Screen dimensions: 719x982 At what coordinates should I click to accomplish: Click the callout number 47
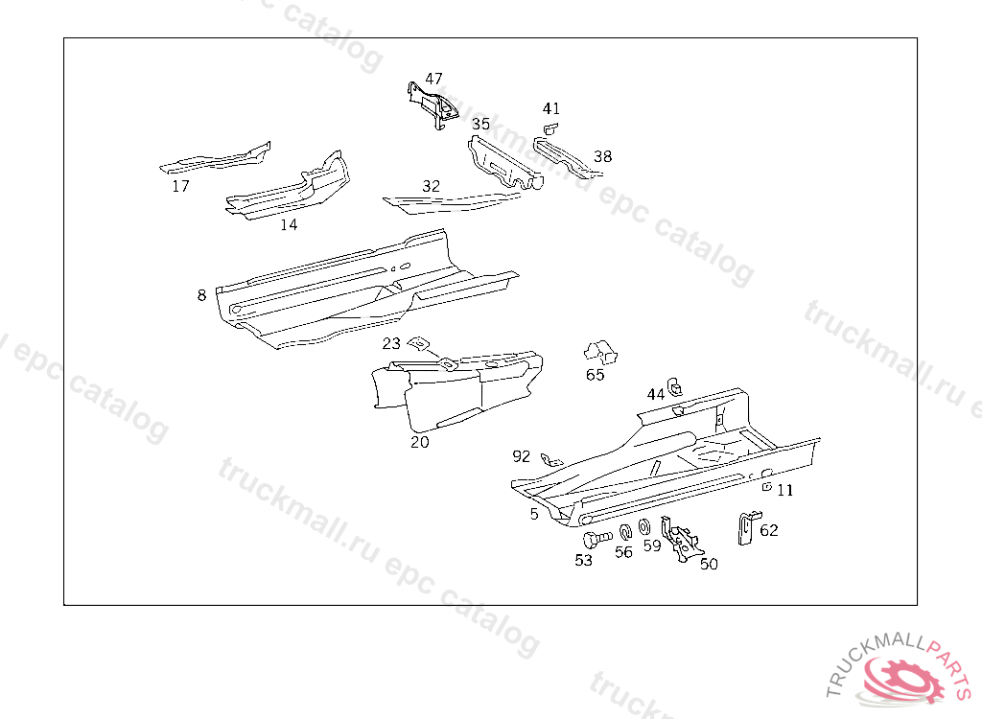click(434, 79)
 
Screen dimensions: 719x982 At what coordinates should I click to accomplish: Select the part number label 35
click(480, 124)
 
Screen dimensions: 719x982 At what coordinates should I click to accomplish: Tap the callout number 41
click(550, 108)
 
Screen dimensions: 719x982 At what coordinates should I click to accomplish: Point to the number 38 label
click(602, 156)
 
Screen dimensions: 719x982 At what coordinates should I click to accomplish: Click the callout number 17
click(180, 186)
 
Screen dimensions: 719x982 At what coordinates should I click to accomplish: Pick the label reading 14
click(289, 224)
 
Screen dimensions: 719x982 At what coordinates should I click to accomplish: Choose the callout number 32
click(432, 186)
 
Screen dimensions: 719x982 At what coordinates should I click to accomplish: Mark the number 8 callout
click(201, 295)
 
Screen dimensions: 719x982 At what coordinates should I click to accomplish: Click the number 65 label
click(596, 375)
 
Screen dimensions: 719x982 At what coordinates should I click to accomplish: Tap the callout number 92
click(522, 456)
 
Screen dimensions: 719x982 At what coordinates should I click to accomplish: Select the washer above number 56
click(623, 533)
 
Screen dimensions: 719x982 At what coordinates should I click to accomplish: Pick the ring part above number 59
click(644, 527)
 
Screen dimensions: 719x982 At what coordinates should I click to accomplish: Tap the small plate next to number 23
click(418, 343)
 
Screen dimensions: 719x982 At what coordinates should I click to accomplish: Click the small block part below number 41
click(550, 128)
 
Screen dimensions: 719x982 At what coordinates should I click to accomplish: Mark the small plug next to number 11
click(765, 486)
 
